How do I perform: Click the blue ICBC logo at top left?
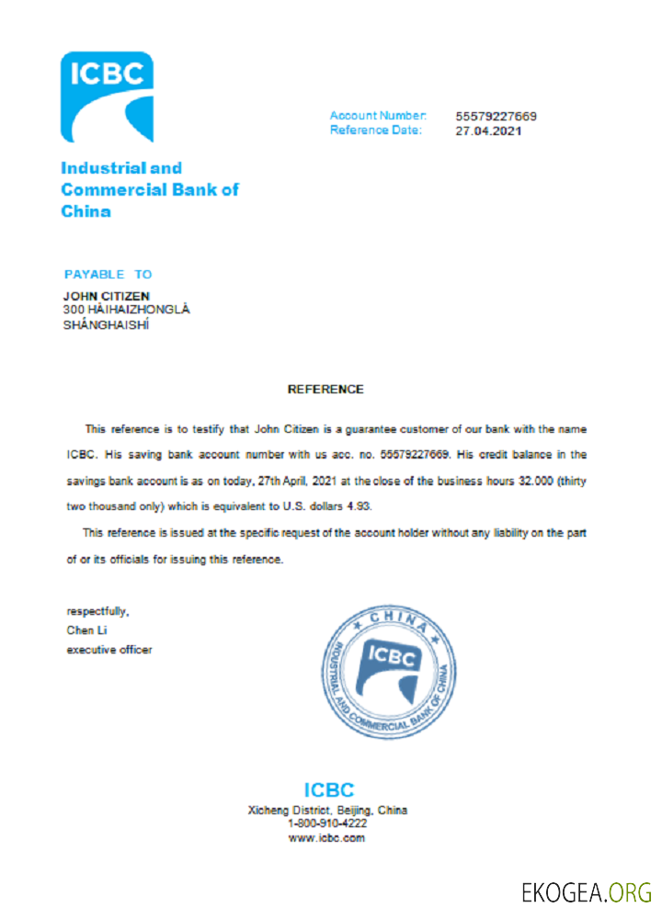[x=107, y=97]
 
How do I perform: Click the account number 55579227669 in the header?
[x=496, y=117]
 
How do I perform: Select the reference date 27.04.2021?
[x=488, y=130]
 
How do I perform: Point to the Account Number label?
[x=378, y=116]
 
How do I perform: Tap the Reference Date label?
[x=375, y=130]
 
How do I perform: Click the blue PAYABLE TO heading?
[x=108, y=275]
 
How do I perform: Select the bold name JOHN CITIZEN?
[x=106, y=296]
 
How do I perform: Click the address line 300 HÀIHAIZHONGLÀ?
[x=125, y=310]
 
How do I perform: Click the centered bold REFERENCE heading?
[x=325, y=389]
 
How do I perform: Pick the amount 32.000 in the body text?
[x=533, y=481]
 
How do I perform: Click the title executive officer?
[x=109, y=650]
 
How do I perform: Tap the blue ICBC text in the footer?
[x=328, y=789]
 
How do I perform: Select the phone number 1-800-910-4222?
[x=327, y=824]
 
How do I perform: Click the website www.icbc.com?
[x=327, y=838]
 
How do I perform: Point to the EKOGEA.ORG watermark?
[x=586, y=891]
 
